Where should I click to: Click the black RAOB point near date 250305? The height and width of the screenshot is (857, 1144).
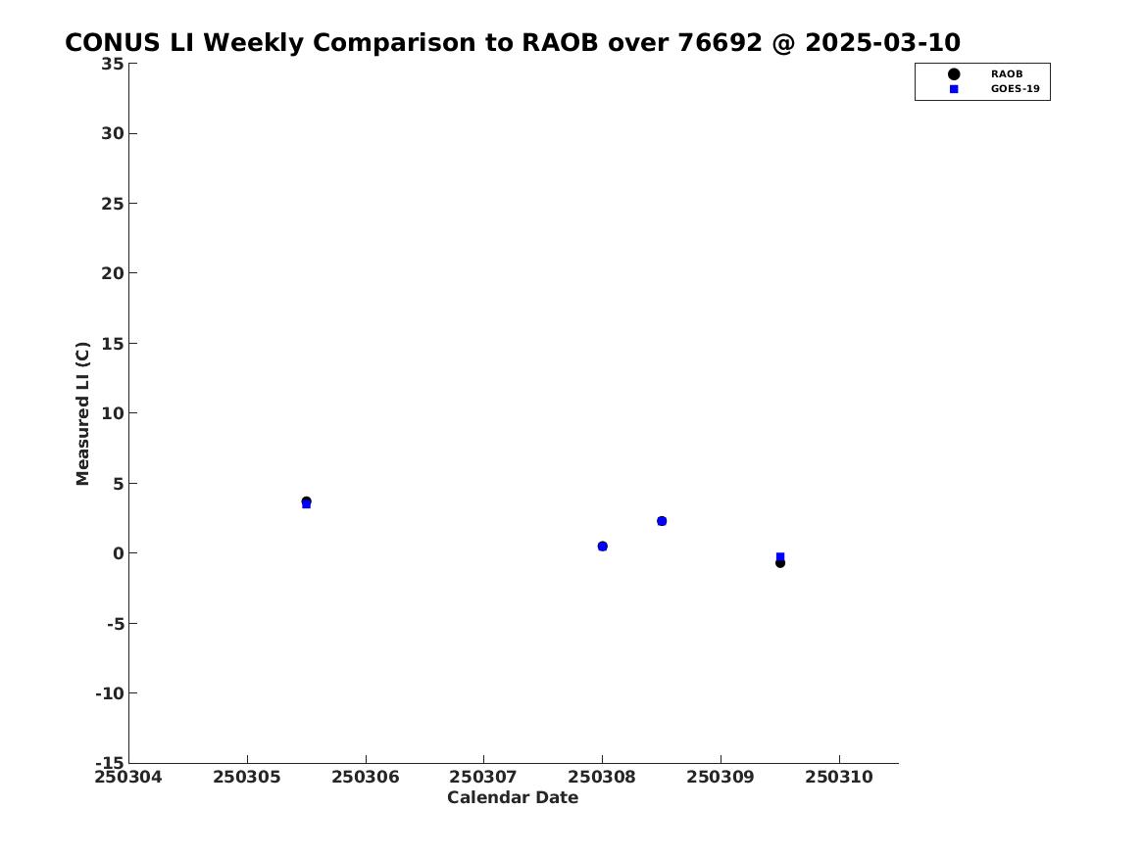307,501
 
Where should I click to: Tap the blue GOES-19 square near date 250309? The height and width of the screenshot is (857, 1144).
780,556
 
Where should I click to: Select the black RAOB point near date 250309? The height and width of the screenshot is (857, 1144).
780,562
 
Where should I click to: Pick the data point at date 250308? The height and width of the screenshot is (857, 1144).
603,547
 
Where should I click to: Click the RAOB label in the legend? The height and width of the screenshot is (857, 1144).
1007,74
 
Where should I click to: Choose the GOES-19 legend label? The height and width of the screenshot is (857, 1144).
1015,89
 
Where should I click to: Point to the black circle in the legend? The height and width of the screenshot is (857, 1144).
954,74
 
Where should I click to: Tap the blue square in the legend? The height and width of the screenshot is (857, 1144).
954,89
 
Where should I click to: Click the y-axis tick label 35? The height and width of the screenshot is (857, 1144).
113,64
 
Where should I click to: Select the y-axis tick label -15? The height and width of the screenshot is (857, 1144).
110,762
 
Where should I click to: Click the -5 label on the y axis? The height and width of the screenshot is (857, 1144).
116,623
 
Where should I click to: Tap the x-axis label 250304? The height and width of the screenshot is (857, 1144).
128,778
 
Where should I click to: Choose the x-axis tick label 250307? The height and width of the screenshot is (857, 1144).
483,778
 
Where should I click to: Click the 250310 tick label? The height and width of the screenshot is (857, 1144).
839,778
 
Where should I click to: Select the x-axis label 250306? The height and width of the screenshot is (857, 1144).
366,778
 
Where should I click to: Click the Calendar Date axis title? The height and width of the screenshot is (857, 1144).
513,798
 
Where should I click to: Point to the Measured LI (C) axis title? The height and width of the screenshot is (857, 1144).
82,413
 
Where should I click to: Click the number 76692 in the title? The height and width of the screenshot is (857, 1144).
721,43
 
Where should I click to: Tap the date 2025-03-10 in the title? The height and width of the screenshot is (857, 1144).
883,43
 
